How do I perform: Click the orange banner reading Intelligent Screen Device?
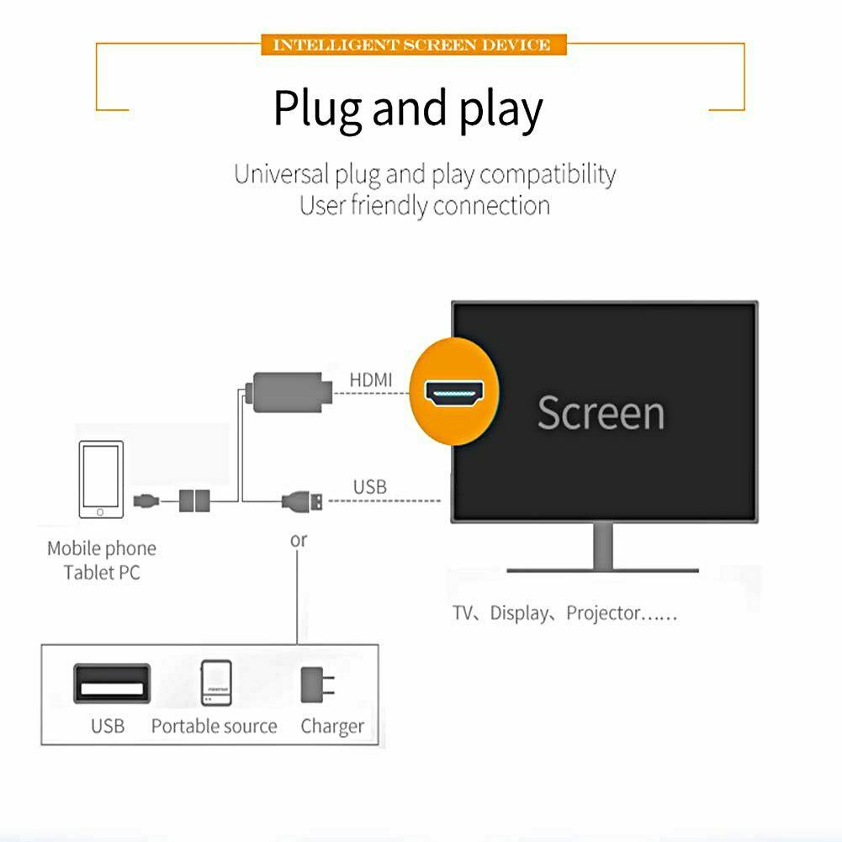[414, 44]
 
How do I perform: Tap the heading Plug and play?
[408, 109]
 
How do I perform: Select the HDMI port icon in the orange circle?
[454, 393]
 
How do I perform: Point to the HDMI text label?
[370, 379]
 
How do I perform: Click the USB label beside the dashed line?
[369, 487]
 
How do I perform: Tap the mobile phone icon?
[101, 479]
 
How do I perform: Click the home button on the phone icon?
[100, 512]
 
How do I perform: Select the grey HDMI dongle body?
[289, 393]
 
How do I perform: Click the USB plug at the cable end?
[302, 502]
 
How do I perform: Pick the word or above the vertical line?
[299, 540]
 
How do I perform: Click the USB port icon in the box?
[112, 684]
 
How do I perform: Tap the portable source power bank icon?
[216, 682]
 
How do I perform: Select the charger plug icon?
[317, 685]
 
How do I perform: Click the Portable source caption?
[214, 726]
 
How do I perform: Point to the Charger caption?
[332, 727]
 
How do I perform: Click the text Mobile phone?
[102, 548]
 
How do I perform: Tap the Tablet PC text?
[102, 573]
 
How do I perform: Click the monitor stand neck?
[603, 545]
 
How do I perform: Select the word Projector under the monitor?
[604, 613]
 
